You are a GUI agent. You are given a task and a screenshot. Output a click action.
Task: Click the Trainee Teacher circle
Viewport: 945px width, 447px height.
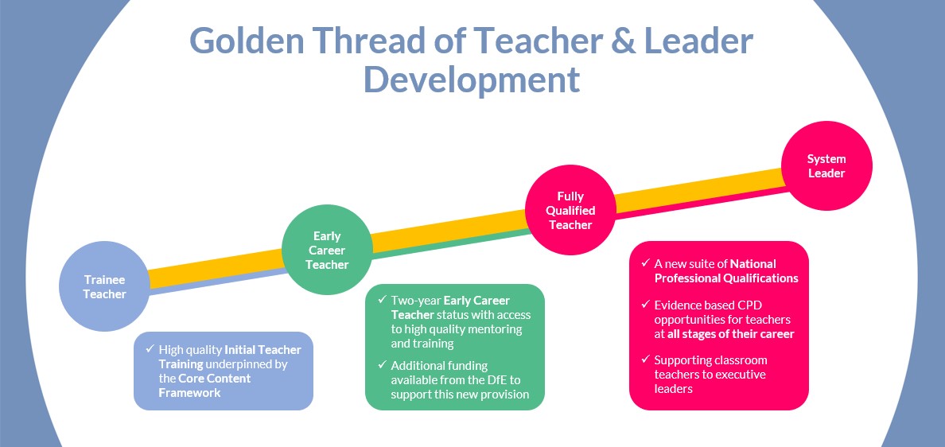[104, 286]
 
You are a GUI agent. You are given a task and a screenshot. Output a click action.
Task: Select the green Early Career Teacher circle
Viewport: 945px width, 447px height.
[327, 250]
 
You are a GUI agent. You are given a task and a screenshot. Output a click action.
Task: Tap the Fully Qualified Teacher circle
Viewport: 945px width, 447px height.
[570, 210]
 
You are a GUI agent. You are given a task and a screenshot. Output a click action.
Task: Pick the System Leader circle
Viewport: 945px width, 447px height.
[826, 165]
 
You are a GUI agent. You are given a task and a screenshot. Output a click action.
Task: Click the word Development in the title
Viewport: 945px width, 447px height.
[471, 80]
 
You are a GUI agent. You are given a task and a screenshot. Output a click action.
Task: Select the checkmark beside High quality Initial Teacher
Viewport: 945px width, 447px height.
[150, 348]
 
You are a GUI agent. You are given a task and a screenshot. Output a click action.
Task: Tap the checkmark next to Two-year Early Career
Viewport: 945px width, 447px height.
[382, 299]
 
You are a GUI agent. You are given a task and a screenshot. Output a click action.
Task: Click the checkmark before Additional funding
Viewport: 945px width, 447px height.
[382, 364]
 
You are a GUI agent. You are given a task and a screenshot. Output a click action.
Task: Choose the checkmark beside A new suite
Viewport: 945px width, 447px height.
[645, 263]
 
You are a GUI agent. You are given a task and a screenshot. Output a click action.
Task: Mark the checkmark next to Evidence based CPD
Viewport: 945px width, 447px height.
[645, 304]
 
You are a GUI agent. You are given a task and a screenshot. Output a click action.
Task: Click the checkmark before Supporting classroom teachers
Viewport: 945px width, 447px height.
[645, 360]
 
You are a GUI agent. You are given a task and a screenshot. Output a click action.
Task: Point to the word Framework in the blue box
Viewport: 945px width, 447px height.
[189, 393]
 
